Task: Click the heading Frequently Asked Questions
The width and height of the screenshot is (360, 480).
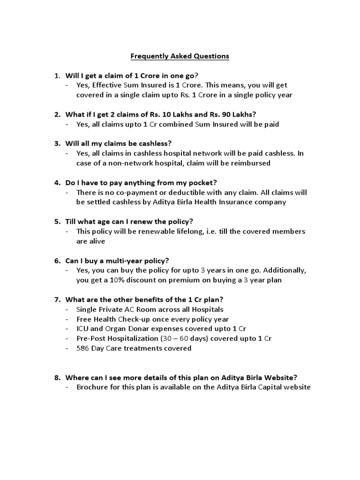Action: [180, 56]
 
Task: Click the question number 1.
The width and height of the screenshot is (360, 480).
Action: [56, 75]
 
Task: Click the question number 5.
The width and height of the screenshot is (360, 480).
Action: [56, 221]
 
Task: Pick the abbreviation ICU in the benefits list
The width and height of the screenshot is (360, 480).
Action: [83, 329]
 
